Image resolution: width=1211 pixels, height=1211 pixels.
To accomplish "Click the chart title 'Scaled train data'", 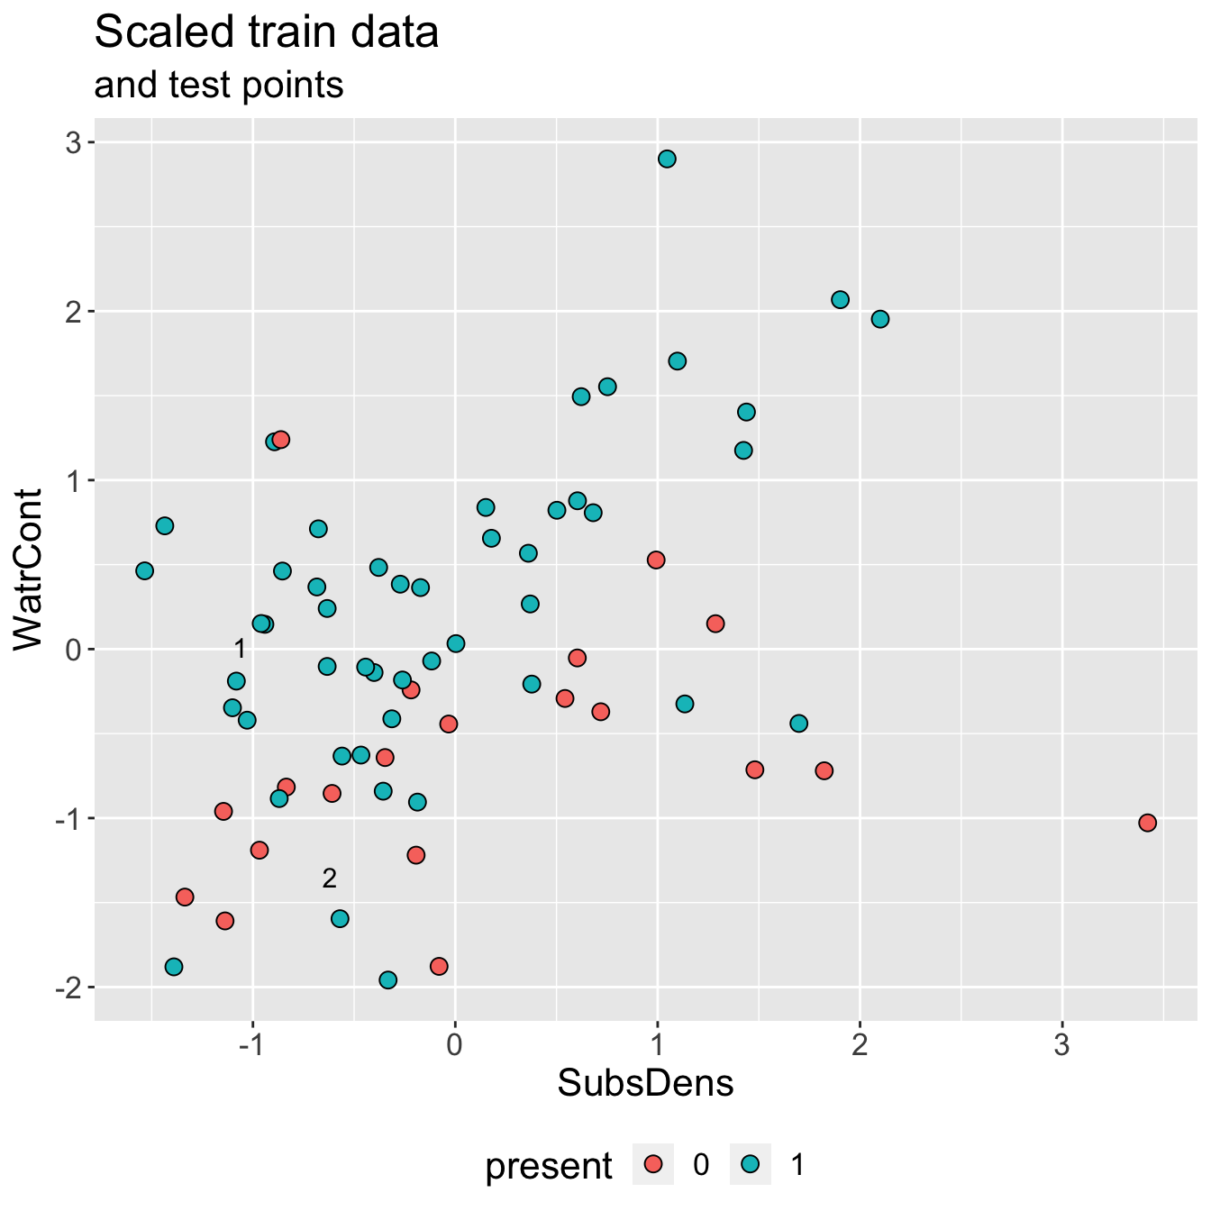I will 267,33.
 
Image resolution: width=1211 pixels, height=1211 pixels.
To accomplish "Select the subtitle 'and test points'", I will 219,86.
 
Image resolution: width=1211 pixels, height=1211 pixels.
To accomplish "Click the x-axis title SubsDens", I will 645,1083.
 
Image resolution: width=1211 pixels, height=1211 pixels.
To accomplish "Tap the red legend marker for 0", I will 655,1165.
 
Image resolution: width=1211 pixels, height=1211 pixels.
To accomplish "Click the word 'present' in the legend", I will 549,1166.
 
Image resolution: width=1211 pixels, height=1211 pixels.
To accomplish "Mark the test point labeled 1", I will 240,649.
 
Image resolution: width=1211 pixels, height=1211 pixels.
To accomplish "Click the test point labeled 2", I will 330,879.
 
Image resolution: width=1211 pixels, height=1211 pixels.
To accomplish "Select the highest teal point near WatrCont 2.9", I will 667,159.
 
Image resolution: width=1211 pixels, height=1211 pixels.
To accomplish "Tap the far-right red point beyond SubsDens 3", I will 1147,823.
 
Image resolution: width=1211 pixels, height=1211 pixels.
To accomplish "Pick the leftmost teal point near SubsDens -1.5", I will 144,571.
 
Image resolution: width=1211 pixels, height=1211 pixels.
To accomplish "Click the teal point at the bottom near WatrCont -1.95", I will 388,980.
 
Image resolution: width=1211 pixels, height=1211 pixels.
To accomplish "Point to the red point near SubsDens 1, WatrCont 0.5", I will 656,560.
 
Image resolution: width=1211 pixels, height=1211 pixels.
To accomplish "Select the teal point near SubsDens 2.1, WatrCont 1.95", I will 880,319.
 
